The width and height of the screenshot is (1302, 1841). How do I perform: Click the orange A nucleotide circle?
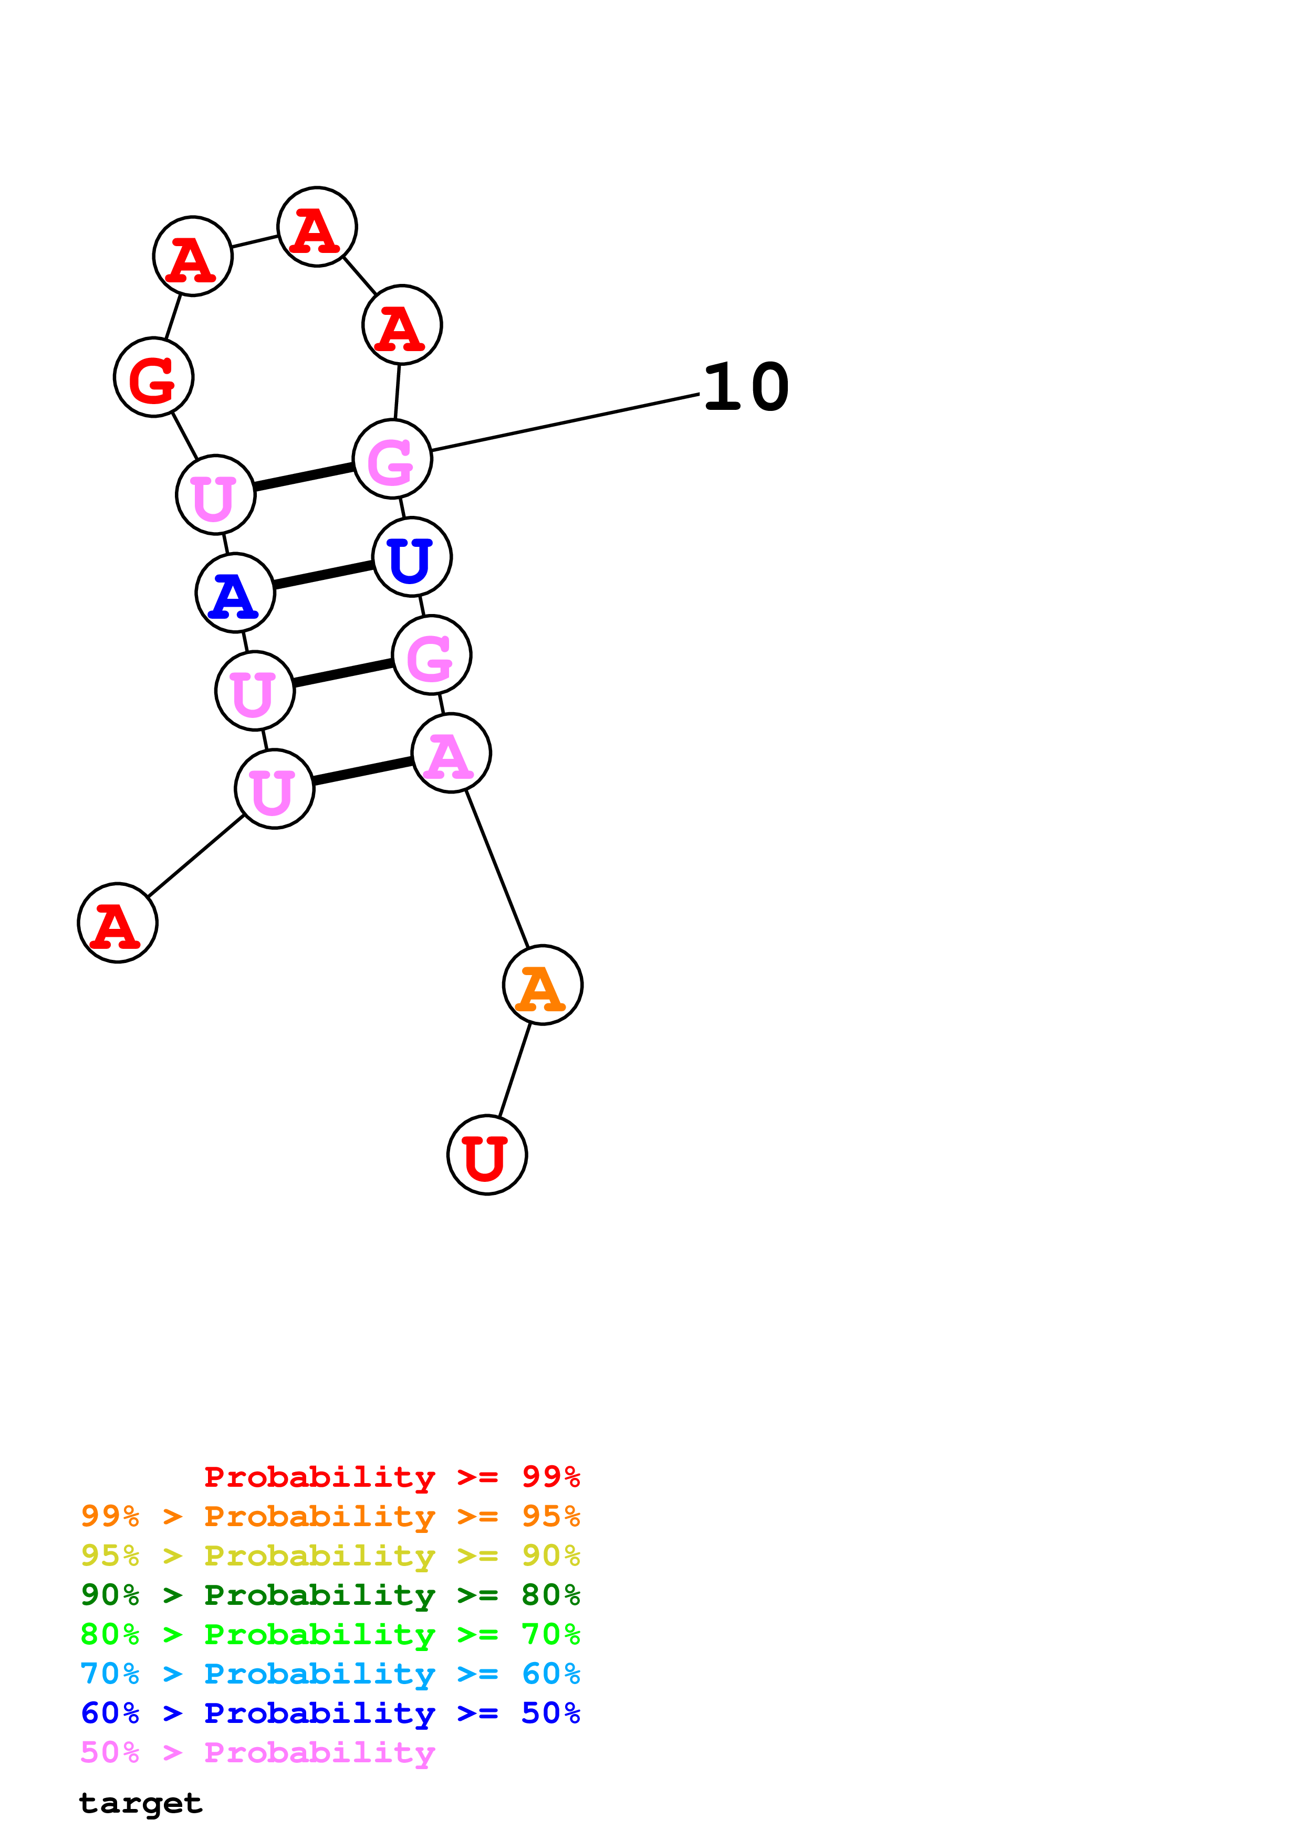pyautogui.click(x=543, y=985)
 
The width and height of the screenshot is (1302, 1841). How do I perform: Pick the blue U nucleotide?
pyautogui.click(x=412, y=556)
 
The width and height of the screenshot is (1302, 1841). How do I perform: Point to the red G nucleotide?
pyautogui.click(x=154, y=377)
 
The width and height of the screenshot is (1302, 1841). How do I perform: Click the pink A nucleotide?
pyautogui.click(x=451, y=753)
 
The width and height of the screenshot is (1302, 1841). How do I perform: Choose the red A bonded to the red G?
pyautogui.click(x=193, y=256)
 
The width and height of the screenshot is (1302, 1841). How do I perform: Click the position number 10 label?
pyautogui.click(x=746, y=387)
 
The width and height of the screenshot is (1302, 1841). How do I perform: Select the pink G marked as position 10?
pyautogui.click(x=392, y=459)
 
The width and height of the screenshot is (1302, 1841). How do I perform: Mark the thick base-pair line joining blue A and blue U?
pyautogui.click(x=324, y=574)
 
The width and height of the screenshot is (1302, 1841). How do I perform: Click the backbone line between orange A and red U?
pyautogui.click(x=515, y=1070)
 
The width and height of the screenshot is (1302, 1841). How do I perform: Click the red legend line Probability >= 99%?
pyautogui.click(x=391, y=1476)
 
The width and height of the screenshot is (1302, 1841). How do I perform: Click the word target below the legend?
pyautogui.click(x=140, y=1803)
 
